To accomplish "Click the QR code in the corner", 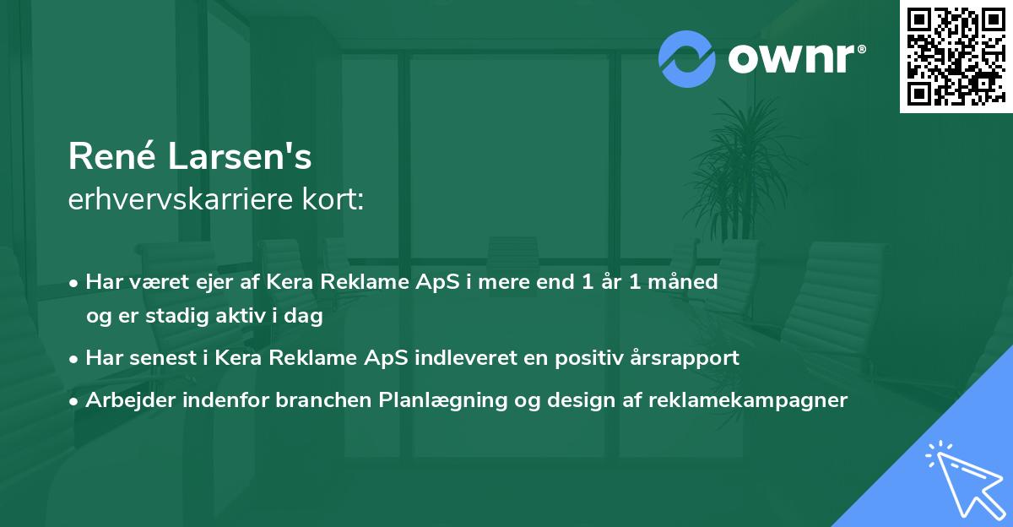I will (x=956, y=57).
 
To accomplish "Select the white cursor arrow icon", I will (x=962, y=477).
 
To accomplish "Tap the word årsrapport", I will (x=696, y=358).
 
